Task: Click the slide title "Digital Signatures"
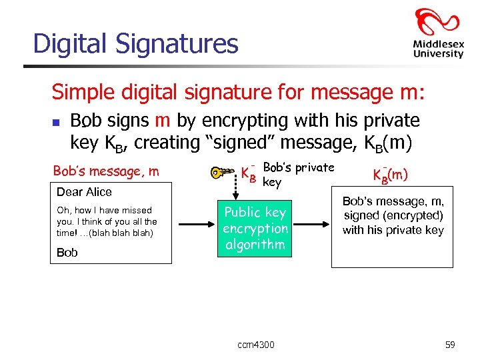[135, 43]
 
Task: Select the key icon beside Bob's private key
[222, 173]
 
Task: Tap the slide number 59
[449, 345]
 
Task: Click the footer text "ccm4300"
[255, 345]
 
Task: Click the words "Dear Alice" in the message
[84, 192]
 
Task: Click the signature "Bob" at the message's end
[67, 253]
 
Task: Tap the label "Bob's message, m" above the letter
[105, 171]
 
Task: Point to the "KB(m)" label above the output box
[390, 175]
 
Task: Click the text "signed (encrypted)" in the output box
[393, 215]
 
